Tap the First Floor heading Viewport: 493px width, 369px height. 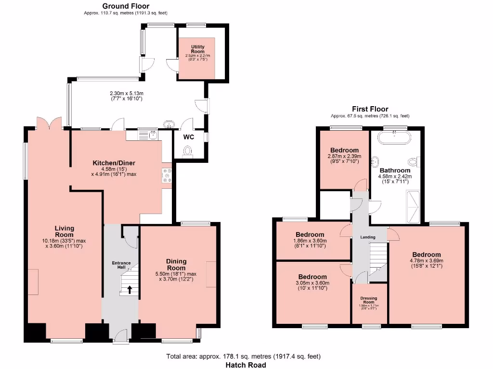tap(370, 109)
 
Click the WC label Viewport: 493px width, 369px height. tap(189, 137)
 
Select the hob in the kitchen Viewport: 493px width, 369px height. tap(168, 176)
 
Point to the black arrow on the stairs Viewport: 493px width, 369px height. tap(129, 289)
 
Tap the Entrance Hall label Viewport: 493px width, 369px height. tap(122, 265)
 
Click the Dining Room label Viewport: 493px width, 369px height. tap(176, 264)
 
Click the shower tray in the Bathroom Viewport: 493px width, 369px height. tap(414, 207)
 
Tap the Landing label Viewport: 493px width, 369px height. tap(368, 237)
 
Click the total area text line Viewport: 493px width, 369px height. tap(243, 356)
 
